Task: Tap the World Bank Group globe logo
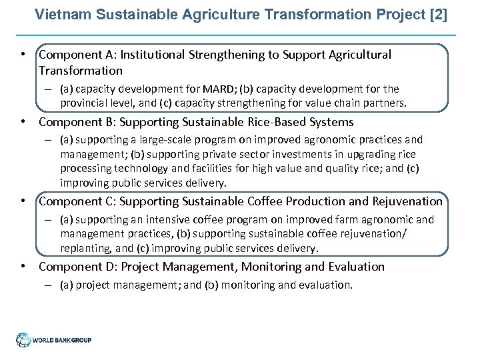pos(23,339)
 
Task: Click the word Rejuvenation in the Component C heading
pos(406,201)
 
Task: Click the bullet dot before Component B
pos(23,123)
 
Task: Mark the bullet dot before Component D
pos(23,267)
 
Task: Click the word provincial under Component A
pos(85,103)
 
